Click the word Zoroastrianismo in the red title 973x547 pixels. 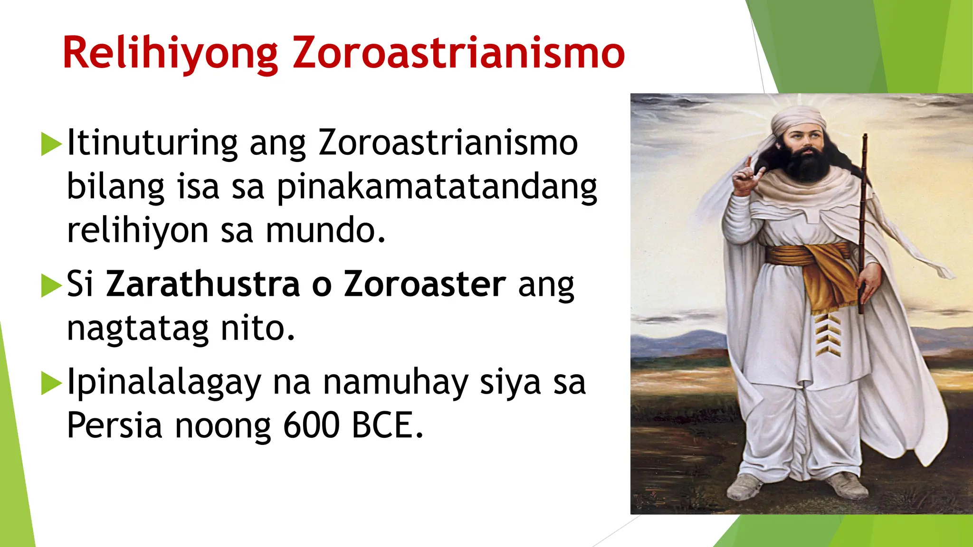(x=458, y=53)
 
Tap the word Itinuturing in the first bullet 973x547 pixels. (x=152, y=142)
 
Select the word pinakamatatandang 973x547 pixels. (x=437, y=188)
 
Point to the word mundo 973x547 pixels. (x=325, y=231)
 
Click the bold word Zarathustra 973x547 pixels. (x=203, y=284)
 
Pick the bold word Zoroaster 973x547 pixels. (x=425, y=284)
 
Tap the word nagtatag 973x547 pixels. (x=138, y=329)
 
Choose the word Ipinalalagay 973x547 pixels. (x=164, y=383)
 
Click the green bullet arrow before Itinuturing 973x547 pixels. (x=51, y=144)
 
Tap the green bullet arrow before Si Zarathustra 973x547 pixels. (x=51, y=285)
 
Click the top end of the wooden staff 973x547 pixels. (x=865, y=137)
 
